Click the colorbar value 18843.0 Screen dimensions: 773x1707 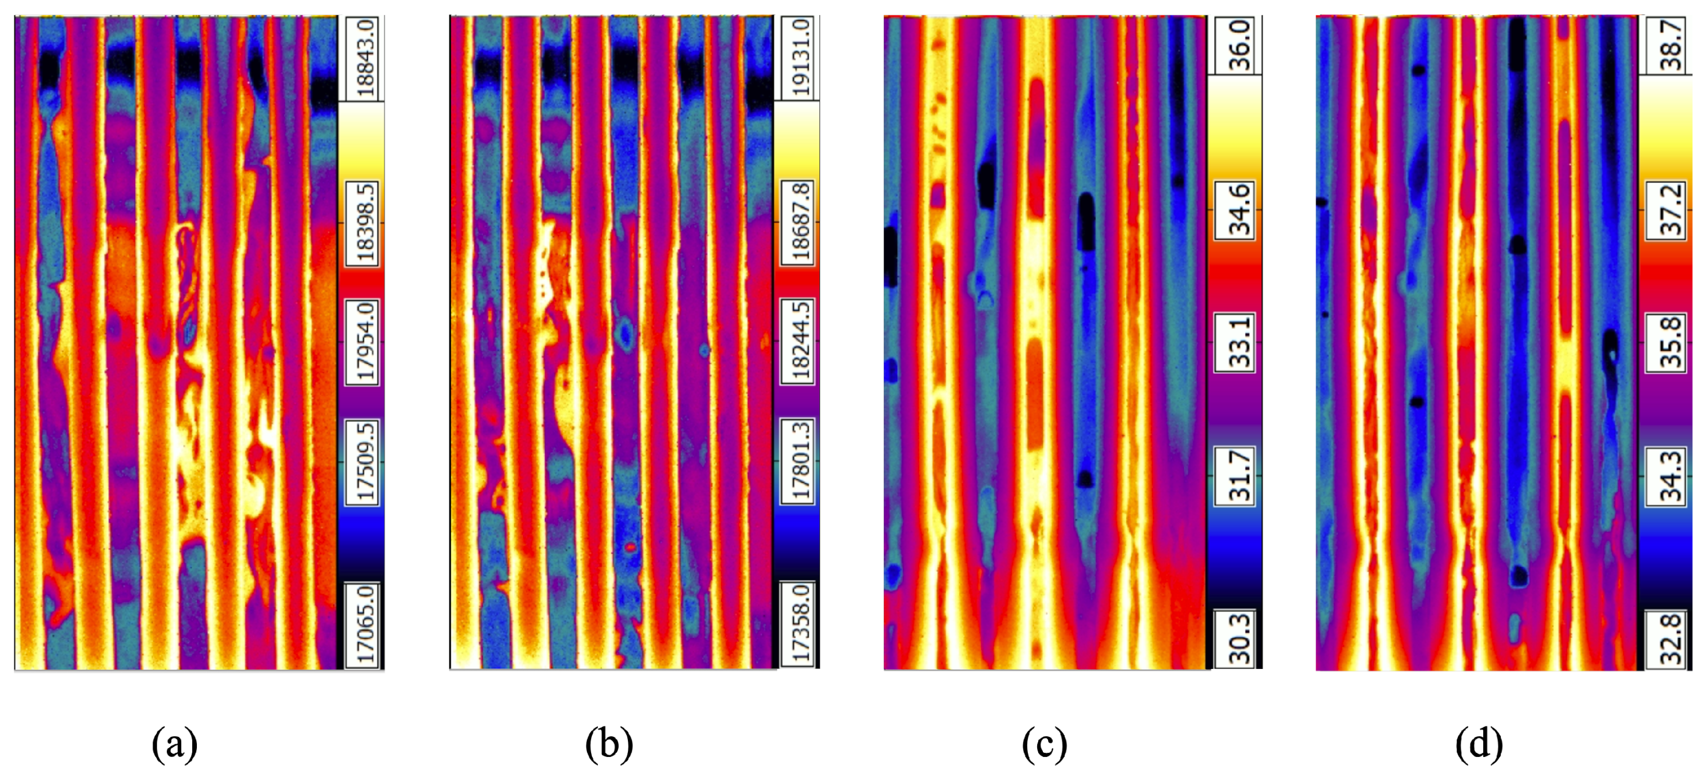click(x=364, y=58)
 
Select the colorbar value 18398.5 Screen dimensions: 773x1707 click(x=364, y=223)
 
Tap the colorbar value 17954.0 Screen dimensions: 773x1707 click(x=364, y=342)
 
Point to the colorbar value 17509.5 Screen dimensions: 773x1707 click(x=364, y=462)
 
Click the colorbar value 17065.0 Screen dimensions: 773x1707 click(x=364, y=626)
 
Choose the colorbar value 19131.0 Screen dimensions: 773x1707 click(x=800, y=58)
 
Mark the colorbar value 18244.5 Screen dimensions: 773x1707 click(x=800, y=341)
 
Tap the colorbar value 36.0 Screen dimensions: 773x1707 click(x=1238, y=45)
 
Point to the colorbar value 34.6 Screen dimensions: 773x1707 click(x=1238, y=211)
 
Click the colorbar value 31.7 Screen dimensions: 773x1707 click(x=1238, y=476)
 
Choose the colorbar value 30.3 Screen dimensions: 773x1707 click(x=1238, y=638)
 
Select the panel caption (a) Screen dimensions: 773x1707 click(x=174, y=744)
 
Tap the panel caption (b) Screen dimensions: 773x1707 click(x=609, y=744)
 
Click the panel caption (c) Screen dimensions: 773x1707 click(x=1045, y=744)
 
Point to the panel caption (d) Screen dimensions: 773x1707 click(x=1479, y=744)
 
